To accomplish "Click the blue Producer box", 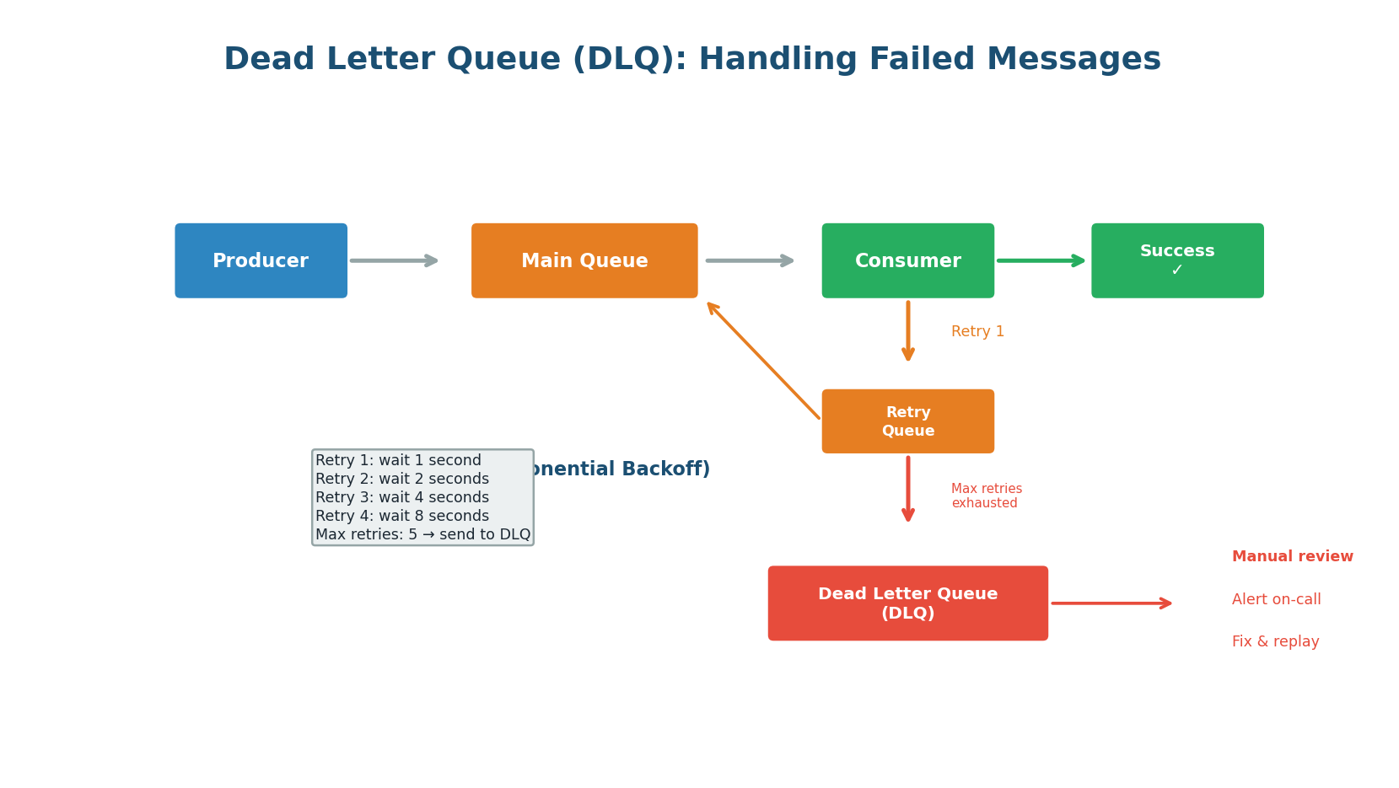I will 261,261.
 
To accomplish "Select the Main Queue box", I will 584,261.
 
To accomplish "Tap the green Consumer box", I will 907,261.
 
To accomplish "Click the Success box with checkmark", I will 1177,261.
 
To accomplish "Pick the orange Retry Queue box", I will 907,421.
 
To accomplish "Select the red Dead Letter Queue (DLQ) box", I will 907,603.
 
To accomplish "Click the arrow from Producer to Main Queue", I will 394,261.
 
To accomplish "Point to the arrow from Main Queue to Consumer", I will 750,261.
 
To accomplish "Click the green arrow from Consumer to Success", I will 1041,261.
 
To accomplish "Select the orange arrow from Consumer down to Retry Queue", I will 908,330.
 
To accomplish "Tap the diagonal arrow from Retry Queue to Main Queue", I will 763,360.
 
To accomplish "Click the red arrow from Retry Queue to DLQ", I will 908,489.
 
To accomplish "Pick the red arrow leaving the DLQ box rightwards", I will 1111,603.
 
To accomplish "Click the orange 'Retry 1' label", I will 977,332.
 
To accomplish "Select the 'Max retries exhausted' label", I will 986,496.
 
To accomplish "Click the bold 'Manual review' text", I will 1292,557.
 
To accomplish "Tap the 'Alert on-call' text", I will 1276,600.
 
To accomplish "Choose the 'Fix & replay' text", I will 1275,642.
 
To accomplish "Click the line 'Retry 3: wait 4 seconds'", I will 402,498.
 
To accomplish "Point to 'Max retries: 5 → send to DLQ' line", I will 422,535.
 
